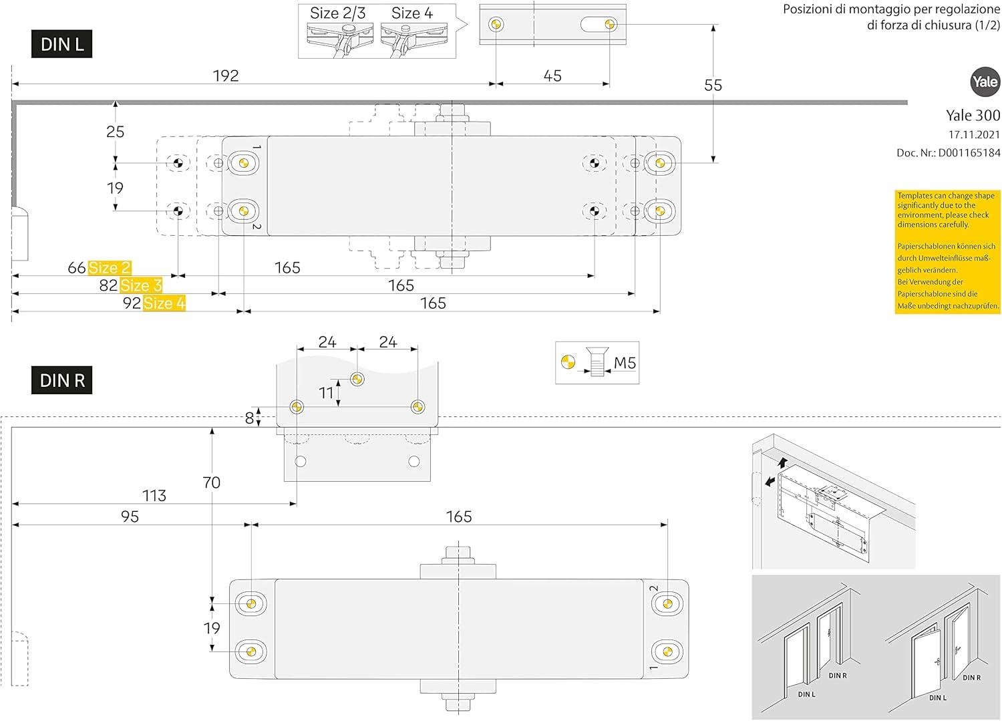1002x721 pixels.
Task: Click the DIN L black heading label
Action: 61,45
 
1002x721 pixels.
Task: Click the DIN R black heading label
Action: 61,381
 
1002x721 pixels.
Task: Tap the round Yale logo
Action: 985,82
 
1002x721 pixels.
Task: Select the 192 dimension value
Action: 226,76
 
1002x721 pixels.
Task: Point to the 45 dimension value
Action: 552,76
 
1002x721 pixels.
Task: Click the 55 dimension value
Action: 713,86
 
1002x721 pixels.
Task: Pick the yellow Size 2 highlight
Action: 110,268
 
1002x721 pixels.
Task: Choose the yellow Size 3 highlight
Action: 141,286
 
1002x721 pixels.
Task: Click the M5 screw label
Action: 625,363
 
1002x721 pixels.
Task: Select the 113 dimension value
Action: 154,496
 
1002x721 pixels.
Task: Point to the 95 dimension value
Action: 130,517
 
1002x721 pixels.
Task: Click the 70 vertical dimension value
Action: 211,482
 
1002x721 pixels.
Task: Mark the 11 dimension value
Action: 326,393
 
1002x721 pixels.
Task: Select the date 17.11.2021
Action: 975,135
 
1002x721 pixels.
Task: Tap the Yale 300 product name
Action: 973,116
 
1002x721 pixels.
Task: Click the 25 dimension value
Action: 116,132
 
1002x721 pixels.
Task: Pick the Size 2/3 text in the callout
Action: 337,13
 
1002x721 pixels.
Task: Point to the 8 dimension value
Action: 250,418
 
